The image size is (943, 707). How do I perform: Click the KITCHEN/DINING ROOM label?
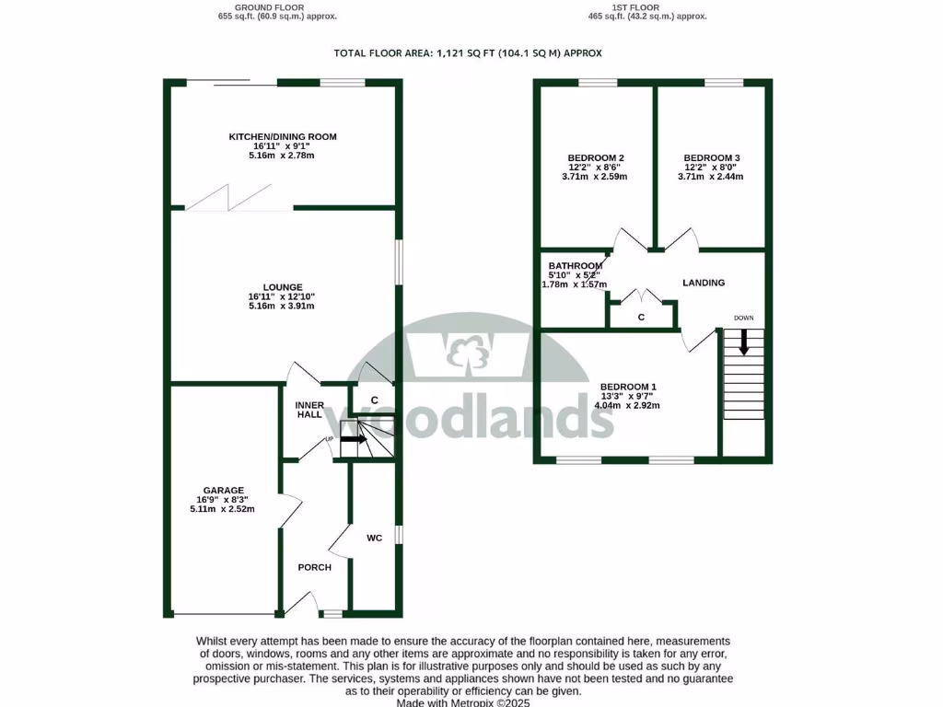[x=283, y=137]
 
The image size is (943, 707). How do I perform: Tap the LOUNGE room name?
[x=282, y=287]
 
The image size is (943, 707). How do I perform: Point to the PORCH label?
[x=314, y=567]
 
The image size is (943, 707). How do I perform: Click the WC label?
[x=375, y=538]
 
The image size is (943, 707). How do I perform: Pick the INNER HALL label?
[x=309, y=410]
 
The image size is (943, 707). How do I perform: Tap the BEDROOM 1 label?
[x=627, y=387]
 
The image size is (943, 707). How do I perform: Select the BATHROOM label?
[x=576, y=266]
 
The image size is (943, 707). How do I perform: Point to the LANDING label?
[x=704, y=283]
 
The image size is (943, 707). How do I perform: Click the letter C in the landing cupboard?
[x=641, y=318]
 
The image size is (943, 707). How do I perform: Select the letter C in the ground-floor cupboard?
[x=375, y=400]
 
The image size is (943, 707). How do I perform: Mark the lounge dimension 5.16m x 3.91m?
[x=282, y=307]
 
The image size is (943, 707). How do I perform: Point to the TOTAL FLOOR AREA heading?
[x=468, y=53]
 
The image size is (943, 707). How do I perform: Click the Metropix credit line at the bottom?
[x=463, y=702]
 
